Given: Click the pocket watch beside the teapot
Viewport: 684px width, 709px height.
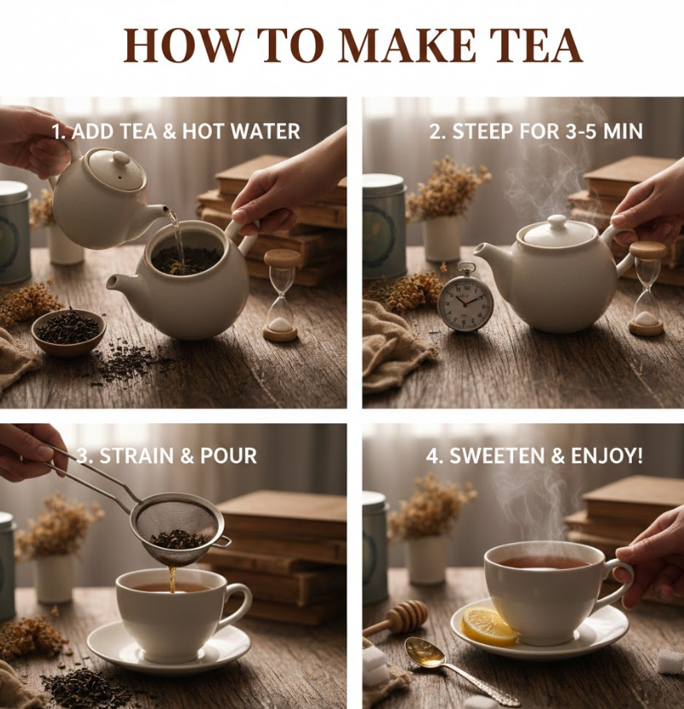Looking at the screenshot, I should (x=465, y=301).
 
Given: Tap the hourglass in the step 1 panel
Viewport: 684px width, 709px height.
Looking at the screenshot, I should (x=281, y=295).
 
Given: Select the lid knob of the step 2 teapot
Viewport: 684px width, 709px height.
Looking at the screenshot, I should (x=558, y=222).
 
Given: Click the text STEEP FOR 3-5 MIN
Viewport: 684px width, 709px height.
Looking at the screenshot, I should (x=535, y=131).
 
